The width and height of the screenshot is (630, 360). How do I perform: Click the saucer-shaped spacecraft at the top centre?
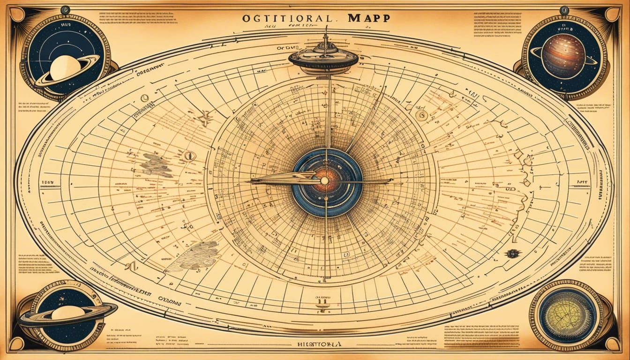coord(323,57)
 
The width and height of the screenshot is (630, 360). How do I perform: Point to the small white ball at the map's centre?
coord(324,180)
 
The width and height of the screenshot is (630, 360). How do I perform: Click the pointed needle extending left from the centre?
coord(277,180)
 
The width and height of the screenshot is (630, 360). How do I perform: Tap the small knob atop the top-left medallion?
coord(65,9)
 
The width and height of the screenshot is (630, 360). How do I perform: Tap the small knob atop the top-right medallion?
coord(564,9)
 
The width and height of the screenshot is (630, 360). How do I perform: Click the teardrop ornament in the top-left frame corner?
coord(17,15)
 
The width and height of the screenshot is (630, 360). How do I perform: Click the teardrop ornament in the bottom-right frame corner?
coord(613,345)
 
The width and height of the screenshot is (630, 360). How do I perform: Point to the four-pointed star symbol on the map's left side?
coord(205,118)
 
